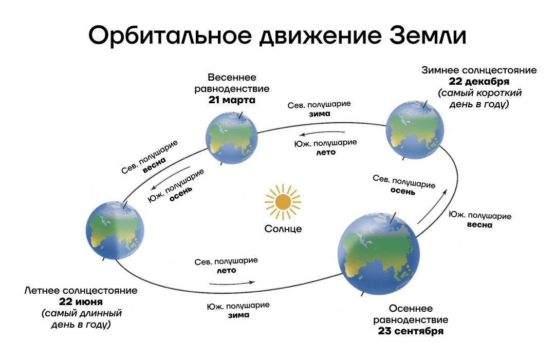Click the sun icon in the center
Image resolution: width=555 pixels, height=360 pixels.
click(x=283, y=202)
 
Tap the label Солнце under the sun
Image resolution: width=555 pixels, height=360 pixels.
click(x=283, y=229)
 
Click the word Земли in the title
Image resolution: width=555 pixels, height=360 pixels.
click(x=428, y=35)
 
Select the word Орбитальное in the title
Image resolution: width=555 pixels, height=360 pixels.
click(x=170, y=35)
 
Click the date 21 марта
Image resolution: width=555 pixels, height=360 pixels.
click(x=232, y=100)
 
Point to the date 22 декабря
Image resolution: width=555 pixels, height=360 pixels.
click(x=479, y=82)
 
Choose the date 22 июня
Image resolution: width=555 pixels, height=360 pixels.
click(x=81, y=301)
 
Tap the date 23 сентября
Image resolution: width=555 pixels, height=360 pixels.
click(x=411, y=331)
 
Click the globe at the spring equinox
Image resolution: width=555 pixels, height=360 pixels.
click(x=232, y=138)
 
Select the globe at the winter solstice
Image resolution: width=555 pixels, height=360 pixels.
click(x=415, y=130)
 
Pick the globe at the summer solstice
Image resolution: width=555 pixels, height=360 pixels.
click(x=115, y=231)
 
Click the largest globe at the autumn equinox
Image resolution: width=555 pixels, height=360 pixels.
click(x=378, y=254)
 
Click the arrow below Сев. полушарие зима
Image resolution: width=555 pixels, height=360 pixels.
click(x=322, y=134)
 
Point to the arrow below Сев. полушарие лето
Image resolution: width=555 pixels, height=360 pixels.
click(x=232, y=283)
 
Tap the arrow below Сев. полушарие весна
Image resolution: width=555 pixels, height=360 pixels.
click(x=171, y=179)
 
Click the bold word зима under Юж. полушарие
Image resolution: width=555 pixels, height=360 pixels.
click(x=238, y=315)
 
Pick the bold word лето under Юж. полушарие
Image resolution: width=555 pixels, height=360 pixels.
click(x=326, y=153)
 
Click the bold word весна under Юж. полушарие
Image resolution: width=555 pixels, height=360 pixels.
click(x=479, y=225)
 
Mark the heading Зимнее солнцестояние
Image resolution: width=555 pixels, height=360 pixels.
click(x=479, y=70)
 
